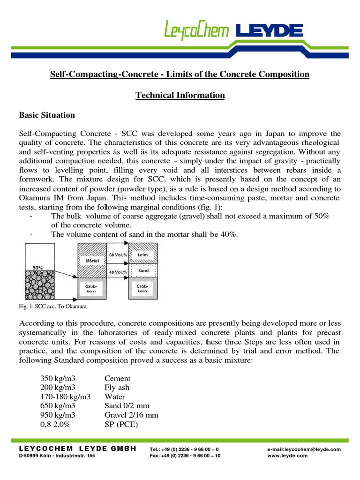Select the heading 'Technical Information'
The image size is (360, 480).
180,96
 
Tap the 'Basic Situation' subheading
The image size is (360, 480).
46,115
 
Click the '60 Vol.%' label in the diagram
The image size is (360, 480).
118,254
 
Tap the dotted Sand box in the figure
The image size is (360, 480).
143,271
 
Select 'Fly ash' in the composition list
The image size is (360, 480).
117,388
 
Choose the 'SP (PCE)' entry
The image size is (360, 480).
121,425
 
